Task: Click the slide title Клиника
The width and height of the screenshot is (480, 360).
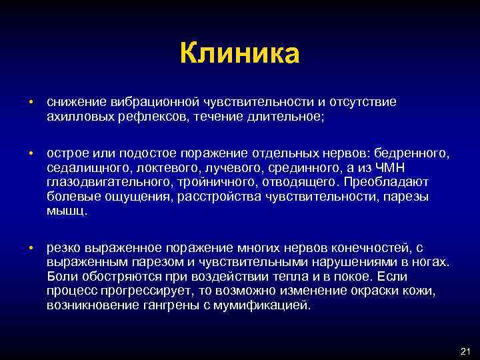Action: click(x=240, y=53)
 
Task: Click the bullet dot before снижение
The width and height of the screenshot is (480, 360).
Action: click(x=31, y=102)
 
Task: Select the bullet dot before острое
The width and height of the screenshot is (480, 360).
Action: click(x=31, y=154)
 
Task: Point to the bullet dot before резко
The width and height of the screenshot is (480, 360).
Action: click(x=31, y=248)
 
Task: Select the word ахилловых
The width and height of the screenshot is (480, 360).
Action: click(x=74, y=116)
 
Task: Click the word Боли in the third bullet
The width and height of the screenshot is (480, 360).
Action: click(x=61, y=276)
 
